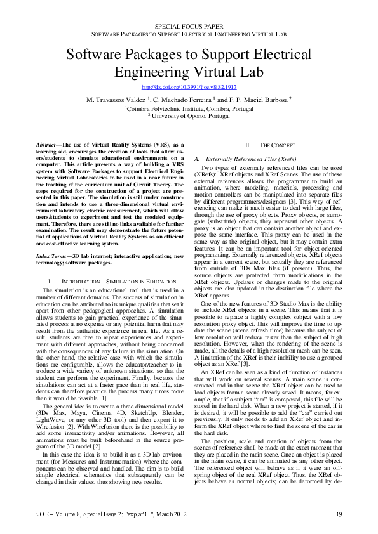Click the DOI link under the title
click(189, 86)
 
